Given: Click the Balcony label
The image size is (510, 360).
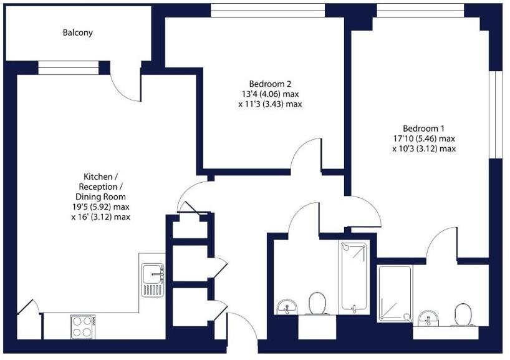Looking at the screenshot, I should [77, 32].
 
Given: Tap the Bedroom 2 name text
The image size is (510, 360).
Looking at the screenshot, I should [270, 84].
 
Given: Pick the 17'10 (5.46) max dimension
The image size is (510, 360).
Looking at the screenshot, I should [423, 139].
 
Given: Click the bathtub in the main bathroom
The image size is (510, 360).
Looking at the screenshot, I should [354, 276].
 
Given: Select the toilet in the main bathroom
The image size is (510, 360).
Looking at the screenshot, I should [319, 304].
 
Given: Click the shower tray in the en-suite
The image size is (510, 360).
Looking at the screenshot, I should [395, 294].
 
